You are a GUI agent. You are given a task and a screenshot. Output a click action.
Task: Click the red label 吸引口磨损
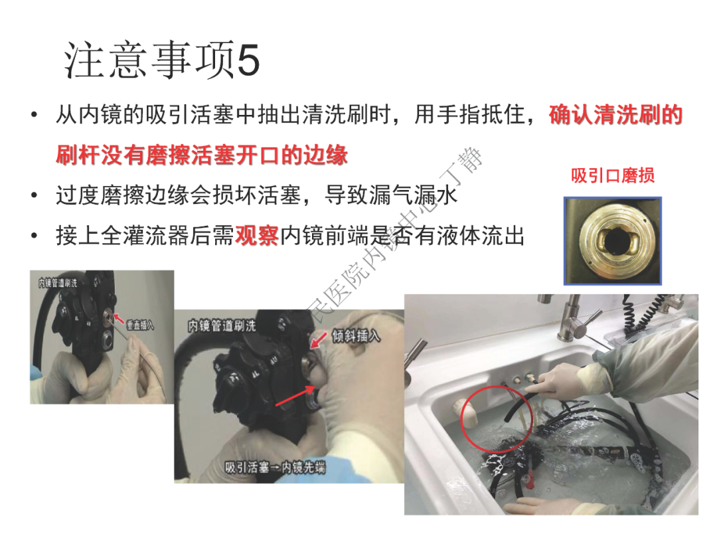tap(612, 175)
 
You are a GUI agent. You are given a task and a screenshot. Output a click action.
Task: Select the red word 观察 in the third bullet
tap(256, 236)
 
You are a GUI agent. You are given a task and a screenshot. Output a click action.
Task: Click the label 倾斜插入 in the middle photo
tap(356, 336)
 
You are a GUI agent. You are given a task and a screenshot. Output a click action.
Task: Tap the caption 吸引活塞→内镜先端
tap(275, 468)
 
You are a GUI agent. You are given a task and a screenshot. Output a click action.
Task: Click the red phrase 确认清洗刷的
tap(615, 116)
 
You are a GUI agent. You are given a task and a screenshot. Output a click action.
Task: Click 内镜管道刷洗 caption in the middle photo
tap(222, 326)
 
